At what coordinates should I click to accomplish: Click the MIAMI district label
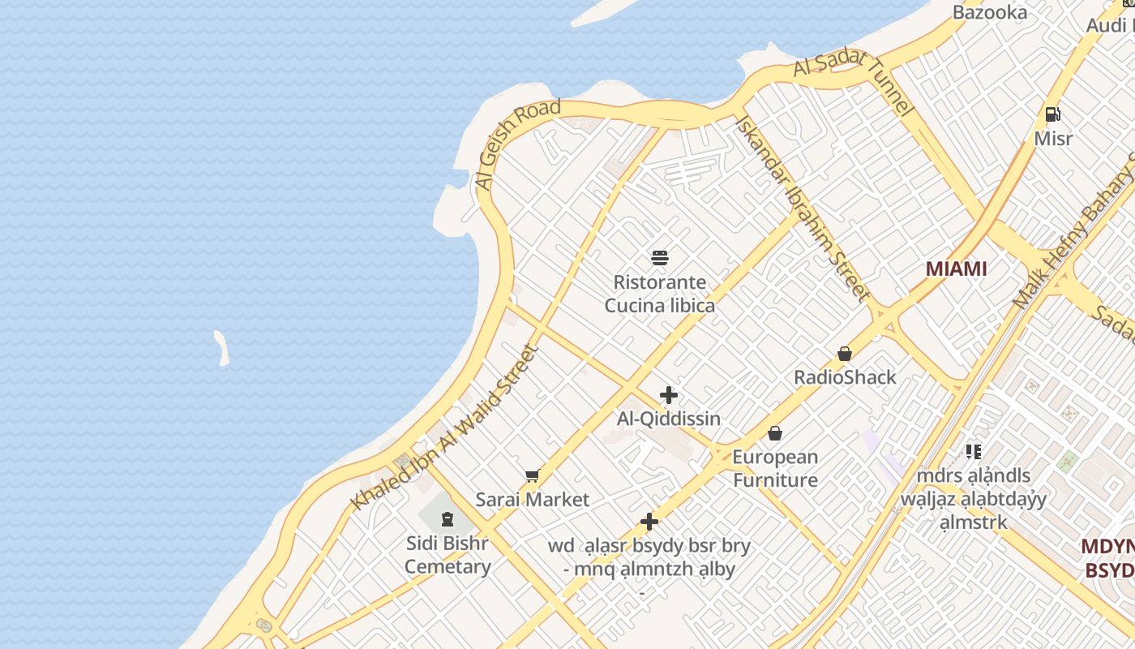tap(956, 269)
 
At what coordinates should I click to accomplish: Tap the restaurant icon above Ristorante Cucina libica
tap(660, 258)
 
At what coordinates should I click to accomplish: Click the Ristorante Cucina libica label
tap(660, 294)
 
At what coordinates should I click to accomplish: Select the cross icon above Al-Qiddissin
tap(669, 395)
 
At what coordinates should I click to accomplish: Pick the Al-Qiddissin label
tap(669, 419)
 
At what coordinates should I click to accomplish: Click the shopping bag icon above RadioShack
tap(845, 354)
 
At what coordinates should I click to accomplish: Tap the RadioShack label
tap(845, 377)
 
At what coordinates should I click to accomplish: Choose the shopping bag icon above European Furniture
tap(775, 433)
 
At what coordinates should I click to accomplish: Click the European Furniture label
tap(775, 468)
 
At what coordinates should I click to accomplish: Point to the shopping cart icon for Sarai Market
tap(532, 476)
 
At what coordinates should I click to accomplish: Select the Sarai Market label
tap(532, 500)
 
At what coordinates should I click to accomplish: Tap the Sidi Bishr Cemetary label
tap(448, 555)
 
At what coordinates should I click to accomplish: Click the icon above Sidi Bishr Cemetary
tap(448, 518)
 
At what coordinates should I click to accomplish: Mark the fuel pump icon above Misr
tap(1052, 114)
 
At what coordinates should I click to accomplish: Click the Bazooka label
tap(990, 12)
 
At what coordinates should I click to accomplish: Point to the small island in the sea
tap(221, 347)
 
